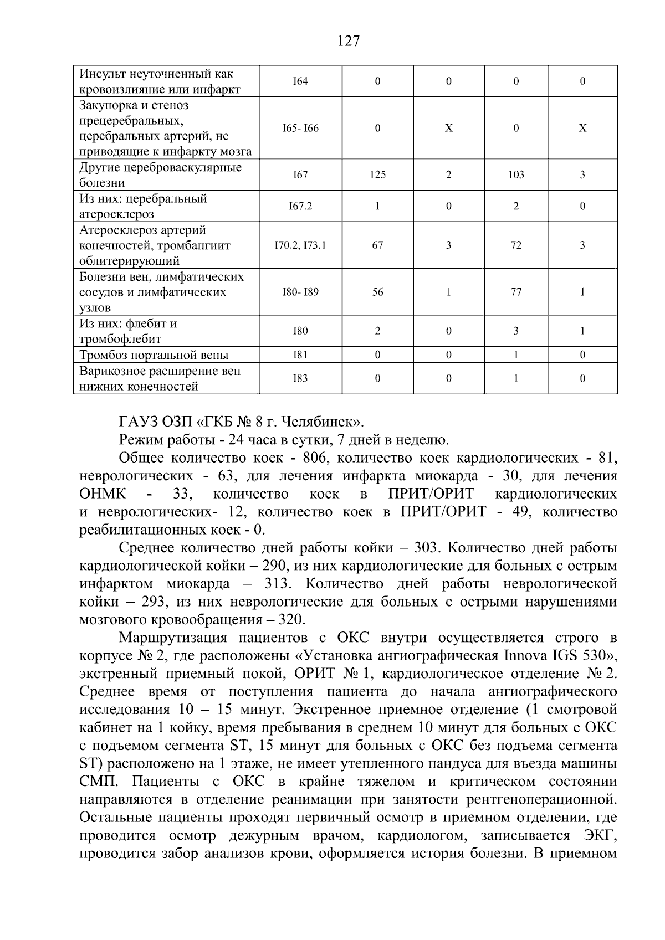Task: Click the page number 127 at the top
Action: click(x=349, y=41)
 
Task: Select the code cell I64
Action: click(x=300, y=81)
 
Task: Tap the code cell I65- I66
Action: click(x=300, y=129)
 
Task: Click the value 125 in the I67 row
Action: click(x=377, y=175)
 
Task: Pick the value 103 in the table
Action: click(x=516, y=175)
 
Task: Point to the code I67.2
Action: click(x=300, y=206)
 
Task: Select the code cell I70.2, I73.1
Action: click(x=300, y=245)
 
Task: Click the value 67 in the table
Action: click(x=377, y=245)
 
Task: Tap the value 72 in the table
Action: click(x=516, y=245)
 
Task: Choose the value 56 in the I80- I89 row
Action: click(x=377, y=292)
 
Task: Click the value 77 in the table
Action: click(x=516, y=292)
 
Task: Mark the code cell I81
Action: click(x=300, y=355)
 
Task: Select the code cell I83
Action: click(x=300, y=379)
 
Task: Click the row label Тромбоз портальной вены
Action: click(x=154, y=355)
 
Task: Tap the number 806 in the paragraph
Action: click(x=316, y=458)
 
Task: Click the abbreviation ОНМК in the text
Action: click(x=103, y=494)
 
